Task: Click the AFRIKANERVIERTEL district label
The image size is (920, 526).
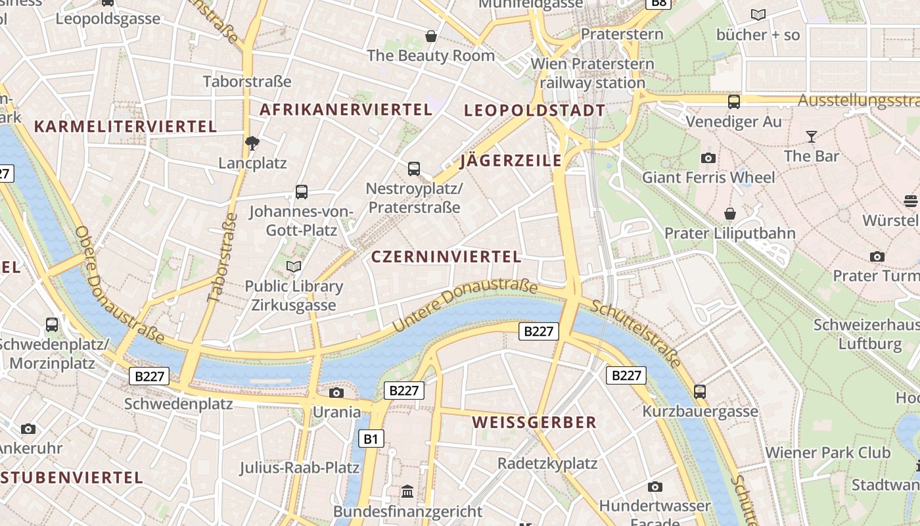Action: [x=346, y=109]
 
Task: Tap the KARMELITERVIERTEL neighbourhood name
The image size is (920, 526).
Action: [x=125, y=126]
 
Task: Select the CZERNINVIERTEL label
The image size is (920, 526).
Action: [x=446, y=256]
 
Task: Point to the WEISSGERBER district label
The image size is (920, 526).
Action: [x=534, y=422]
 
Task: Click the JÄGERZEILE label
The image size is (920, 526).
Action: [x=511, y=160]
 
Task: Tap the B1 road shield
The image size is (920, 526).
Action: [x=371, y=439]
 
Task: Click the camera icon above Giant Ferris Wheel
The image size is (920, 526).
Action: [x=708, y=158]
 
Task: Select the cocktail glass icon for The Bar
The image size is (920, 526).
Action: [x=812, y=137]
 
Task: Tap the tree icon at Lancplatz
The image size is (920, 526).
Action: [x=252, y=143]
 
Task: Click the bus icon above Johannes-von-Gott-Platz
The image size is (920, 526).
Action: [x=302, y=192]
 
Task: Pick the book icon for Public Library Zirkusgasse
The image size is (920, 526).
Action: [x=294, y=266]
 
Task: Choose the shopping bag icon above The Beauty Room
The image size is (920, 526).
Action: [x=431, y=36]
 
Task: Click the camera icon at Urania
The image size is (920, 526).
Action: [x=336, y=393]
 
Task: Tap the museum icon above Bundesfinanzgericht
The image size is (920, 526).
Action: [x=407, y=491]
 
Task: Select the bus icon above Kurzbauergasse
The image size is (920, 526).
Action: [x=700, y=391]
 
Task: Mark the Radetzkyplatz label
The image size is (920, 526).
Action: [x=547, y=463]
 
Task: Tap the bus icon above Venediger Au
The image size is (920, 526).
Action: [x=734, y=102]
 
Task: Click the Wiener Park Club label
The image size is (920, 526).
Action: [x=827, y=452]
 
